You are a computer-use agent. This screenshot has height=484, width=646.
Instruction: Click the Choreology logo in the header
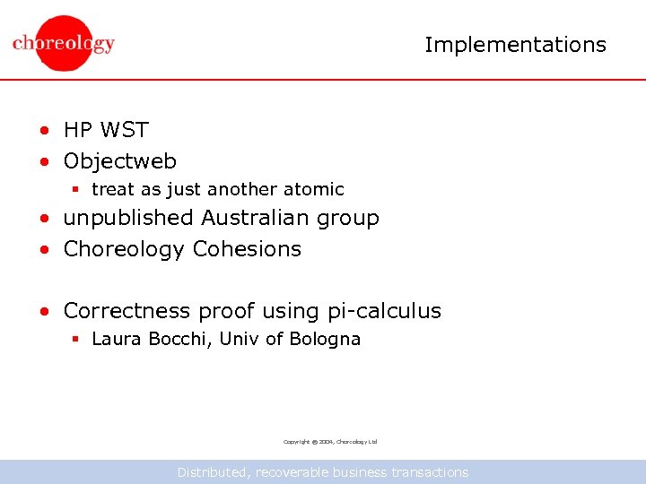pos(64,43)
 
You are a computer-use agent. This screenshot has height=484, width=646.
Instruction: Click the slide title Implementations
pos(515,45)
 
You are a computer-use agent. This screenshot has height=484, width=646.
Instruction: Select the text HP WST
pos(105,130)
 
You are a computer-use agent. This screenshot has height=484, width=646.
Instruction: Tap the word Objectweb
pos(119,161)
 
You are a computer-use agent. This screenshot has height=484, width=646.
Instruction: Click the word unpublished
pos(128,218)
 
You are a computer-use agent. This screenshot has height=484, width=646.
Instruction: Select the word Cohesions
pos(247,249)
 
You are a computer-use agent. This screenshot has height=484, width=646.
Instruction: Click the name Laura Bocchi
pos(150,339)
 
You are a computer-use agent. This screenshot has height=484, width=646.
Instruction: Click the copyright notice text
pos(329,442)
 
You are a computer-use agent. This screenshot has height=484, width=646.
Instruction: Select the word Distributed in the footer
pos(213,471)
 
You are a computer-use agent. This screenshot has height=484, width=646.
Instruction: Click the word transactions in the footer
pos(429,471)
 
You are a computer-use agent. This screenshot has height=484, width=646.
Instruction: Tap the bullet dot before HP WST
pos(43,132)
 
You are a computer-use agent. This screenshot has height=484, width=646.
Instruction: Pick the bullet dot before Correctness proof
pos(43,313)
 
